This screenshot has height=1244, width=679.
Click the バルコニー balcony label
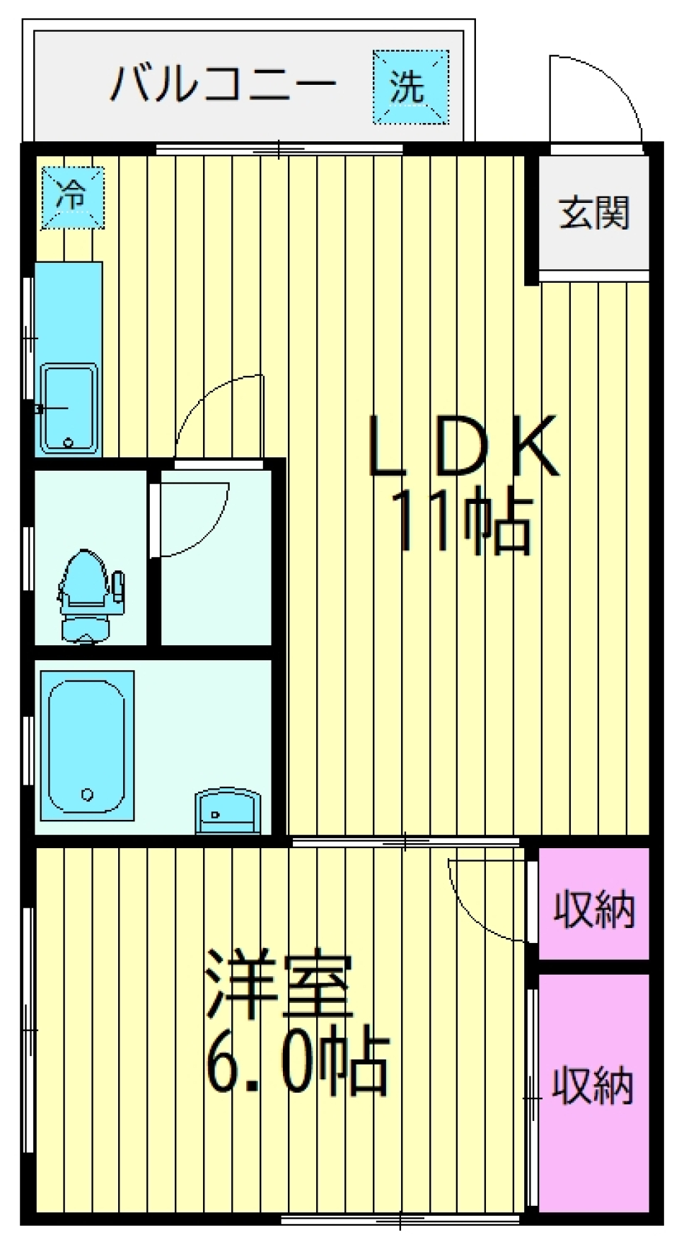[x=222, y=83]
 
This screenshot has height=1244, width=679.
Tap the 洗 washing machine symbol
[x=410, y=87]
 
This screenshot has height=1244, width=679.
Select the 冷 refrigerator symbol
[x=72, y=197]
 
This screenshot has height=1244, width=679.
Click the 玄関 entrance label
[x=593, y=212]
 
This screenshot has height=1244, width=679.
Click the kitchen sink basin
[x=69, y=409]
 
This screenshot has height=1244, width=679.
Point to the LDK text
[x=463, y=447]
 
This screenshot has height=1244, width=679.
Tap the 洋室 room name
[x=279, y=987]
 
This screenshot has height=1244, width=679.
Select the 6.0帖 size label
[x=297, y=1063]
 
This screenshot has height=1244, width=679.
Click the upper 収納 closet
[x=593, y=908]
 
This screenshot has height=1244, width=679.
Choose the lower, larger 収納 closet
[x=593, y=1085]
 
